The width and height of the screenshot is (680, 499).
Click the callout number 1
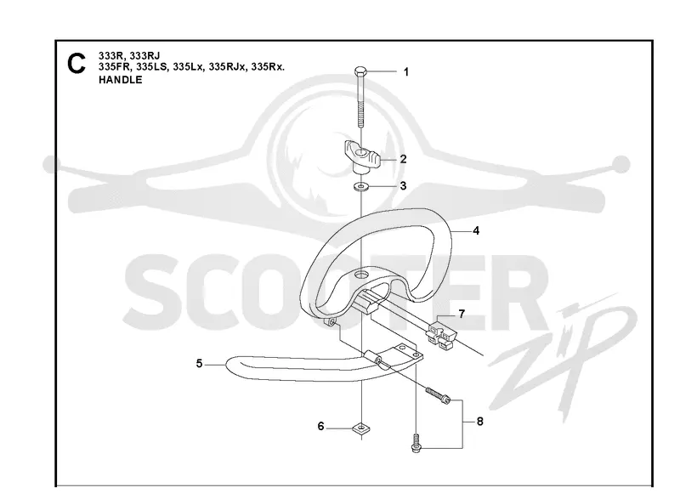[406, 72]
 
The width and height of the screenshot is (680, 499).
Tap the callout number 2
[403, 159]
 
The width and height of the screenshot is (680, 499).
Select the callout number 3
[403, 186]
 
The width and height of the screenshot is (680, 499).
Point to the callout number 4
[476, 230]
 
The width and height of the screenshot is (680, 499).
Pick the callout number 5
[199, 363]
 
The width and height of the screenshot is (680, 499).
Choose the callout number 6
[320, 426]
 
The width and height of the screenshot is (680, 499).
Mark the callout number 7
[462, 314]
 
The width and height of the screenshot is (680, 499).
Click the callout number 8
[479, 421]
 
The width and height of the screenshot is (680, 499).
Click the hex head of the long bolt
[360, 71]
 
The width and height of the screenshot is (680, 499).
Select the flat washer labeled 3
[360, 187]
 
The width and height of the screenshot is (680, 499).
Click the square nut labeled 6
[361, 428]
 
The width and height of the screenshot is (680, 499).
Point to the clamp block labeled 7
[441, 333]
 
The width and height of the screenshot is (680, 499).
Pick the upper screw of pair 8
[438, 395]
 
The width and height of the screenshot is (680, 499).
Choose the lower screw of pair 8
[416, 444]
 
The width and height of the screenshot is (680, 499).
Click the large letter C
[76, 64]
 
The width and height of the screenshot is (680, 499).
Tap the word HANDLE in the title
[120, 80]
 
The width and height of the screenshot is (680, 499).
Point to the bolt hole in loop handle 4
[360, 275]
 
